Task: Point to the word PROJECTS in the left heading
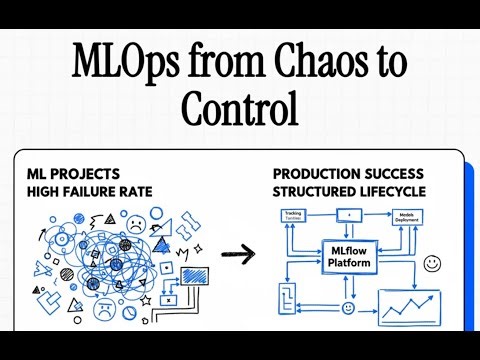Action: (89, 174)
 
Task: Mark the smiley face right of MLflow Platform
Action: (432, 264)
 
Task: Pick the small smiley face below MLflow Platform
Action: (348, 307)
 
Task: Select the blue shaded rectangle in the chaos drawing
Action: (194, 275)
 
